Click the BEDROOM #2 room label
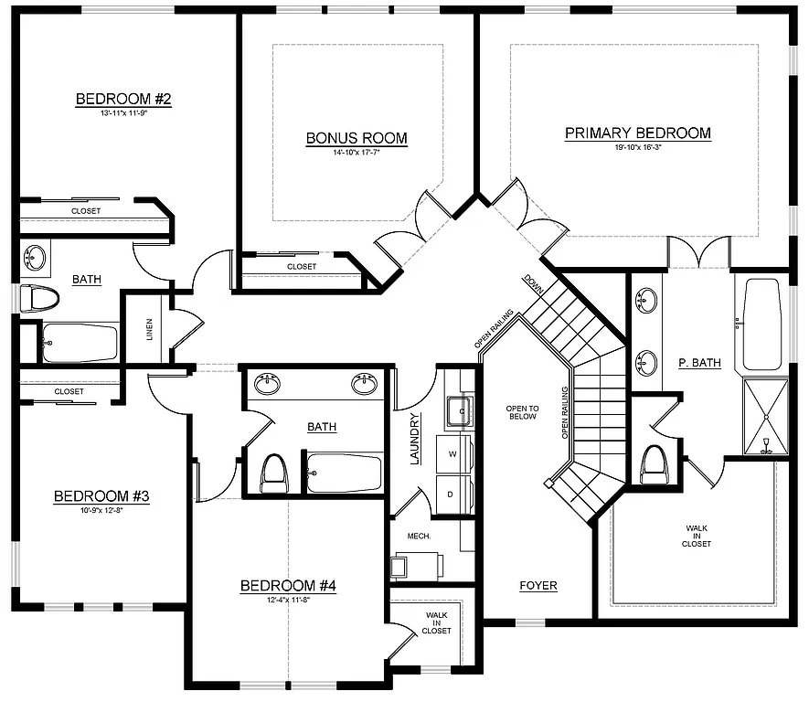pyautogui.click(x=123, y=99)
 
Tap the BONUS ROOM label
pyautogui.click(x=357, y=138)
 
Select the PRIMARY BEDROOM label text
pyautogui.click(x=637, y=133)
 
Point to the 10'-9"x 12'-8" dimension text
pyautogui.click(x=101, y=511)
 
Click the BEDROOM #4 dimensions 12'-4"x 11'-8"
pyautogui.click(x=288, y=601)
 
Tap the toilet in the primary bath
pyautogui.click(x=655, y=466)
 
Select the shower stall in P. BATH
pyautogui.click(x=764, y=417)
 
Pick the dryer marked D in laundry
pyautogui.click(x=452, y=493)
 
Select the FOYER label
pyautogui.click(x=538, y=586)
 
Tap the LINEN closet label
pyautogui.click(x=150, y=329)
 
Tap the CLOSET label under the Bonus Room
pyautogui.click(x=302, y=267)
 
